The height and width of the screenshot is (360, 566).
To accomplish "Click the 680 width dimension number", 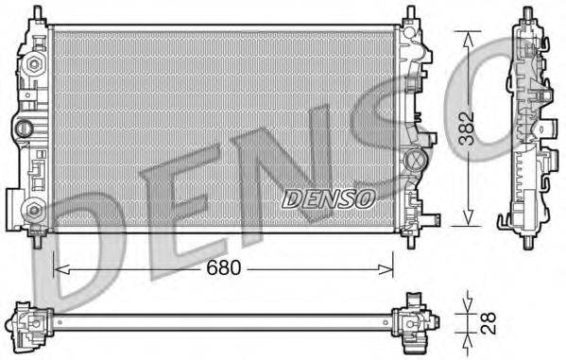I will click(x=223, y=267).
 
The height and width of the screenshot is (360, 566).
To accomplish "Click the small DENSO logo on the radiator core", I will click(x=329, y=197).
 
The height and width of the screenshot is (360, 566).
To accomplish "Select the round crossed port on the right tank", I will click(x=414, y=160).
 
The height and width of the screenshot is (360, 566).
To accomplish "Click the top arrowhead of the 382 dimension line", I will click(x=464, y=34).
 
